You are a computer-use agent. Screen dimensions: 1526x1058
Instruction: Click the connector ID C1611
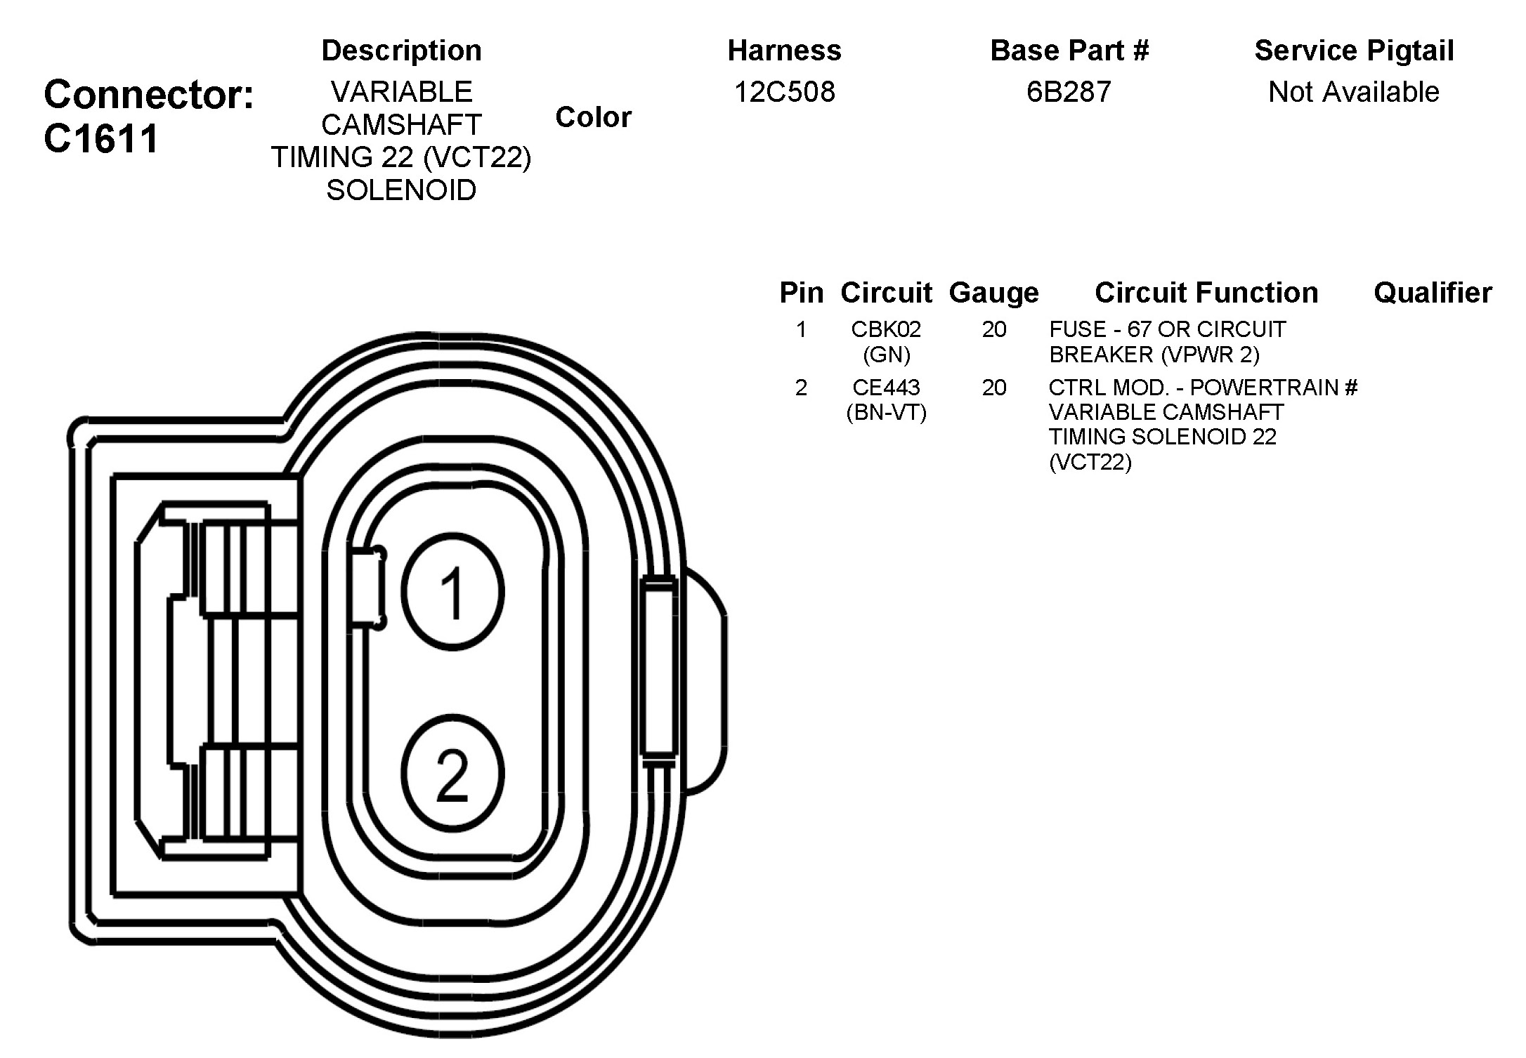pos(102,138)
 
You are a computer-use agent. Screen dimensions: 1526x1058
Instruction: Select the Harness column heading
pos(784,51)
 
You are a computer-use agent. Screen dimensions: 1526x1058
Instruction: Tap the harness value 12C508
pos(784,92)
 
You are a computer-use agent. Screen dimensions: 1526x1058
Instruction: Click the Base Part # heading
pos(1069,51)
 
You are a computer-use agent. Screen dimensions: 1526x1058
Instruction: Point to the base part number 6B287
pos(1069,92)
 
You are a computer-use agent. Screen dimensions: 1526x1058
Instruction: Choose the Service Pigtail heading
pos(1354,51)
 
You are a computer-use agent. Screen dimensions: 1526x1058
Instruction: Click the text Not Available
pos(1353,92)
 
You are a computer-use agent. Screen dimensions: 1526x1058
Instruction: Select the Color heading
pos(593,117)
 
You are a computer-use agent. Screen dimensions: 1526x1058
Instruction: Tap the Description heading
pos(401,51)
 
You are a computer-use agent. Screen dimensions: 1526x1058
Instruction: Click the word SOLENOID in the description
pos(401,190)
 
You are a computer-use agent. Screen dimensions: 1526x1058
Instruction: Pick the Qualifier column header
pos(1433,293)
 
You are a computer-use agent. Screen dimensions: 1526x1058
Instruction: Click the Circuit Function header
pos(1206,293)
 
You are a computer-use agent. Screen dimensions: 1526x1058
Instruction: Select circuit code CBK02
pos(886,329)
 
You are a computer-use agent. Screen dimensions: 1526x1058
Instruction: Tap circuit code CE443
pos(886,388)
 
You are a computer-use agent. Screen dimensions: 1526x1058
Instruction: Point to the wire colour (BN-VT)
pos(886,412)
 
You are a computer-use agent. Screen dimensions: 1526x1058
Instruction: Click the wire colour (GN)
pos(886,355)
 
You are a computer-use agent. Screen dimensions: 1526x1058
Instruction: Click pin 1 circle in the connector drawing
pos(453,592)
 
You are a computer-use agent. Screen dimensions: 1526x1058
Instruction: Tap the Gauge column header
pos(993,293)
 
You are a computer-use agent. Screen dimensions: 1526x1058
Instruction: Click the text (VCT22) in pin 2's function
pos(1090,462)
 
